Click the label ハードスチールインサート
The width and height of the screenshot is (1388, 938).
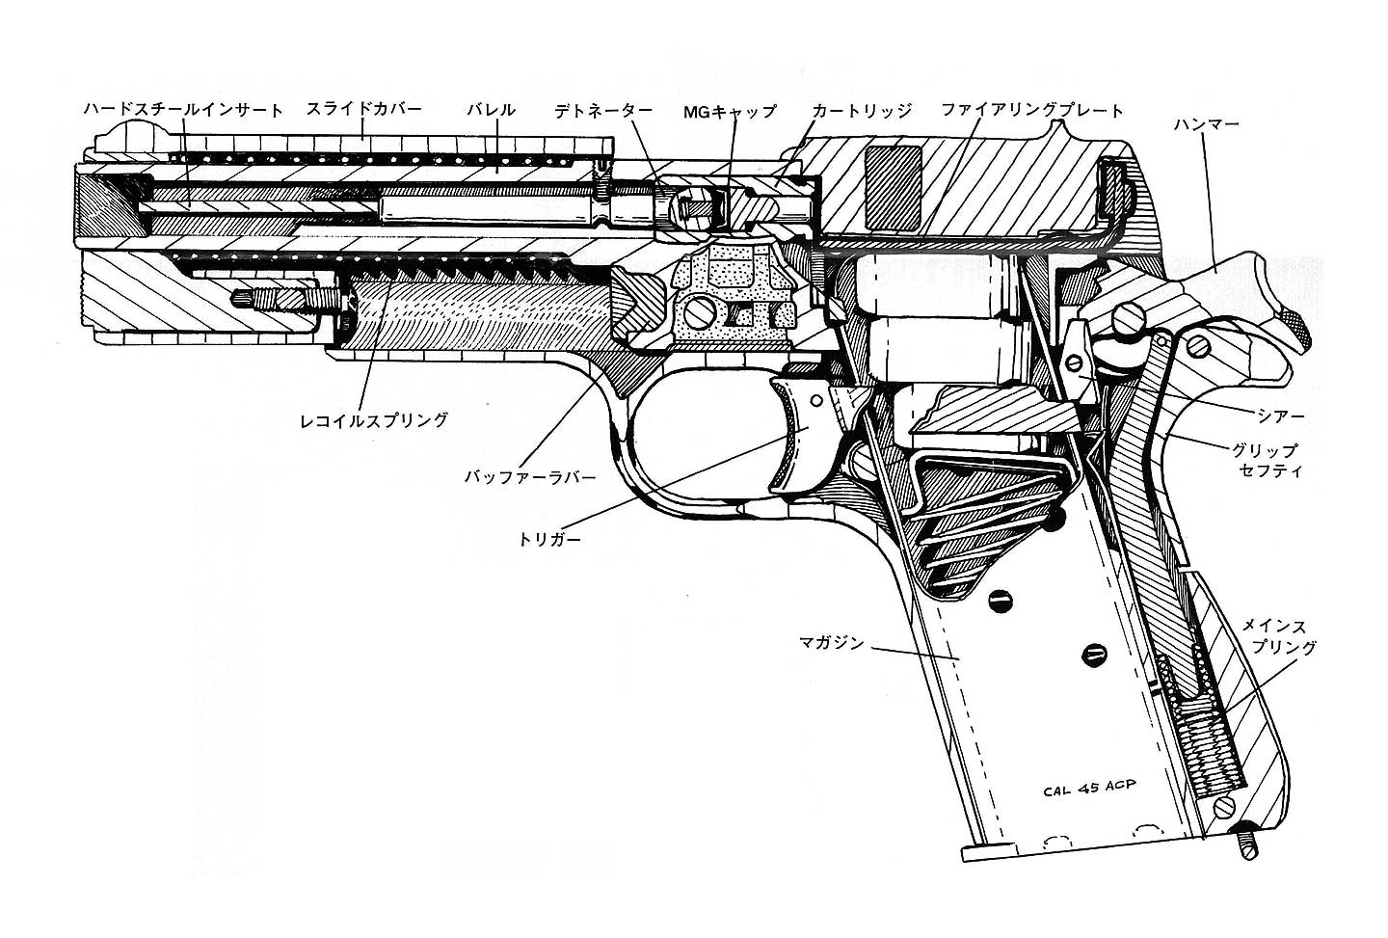tap(183, 110)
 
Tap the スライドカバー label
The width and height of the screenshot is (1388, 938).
tap(363, 110)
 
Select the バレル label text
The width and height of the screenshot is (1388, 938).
tap(491, 110)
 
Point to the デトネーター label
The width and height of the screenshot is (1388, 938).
tap(603, 111)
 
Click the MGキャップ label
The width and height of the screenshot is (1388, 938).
tap(730, 111)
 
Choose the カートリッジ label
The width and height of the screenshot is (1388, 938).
tap(861, 111)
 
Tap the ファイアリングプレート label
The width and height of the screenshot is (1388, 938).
tap(1032, 111)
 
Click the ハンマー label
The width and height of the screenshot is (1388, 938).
tap(1206, 125)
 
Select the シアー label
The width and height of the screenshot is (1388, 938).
tap(1281, 415)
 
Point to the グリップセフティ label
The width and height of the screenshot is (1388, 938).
tap(1266, 461)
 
